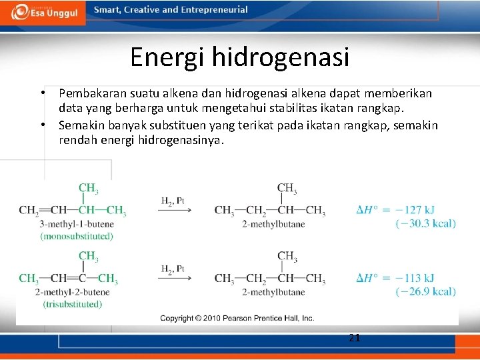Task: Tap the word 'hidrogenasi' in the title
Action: (x=281, y=57)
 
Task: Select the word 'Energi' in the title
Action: (x=167, y=57)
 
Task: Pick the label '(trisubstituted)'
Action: (x=73, y=304)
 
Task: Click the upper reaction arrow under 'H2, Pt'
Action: (x=174, y=211)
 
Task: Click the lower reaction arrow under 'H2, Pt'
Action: (x=174, y=279)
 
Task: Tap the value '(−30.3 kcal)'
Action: (x=425, y=223)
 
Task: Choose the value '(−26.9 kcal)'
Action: (x=425, y=291)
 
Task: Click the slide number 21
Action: (x=355, y=338)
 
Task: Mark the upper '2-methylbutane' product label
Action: (x=273, y=224)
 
